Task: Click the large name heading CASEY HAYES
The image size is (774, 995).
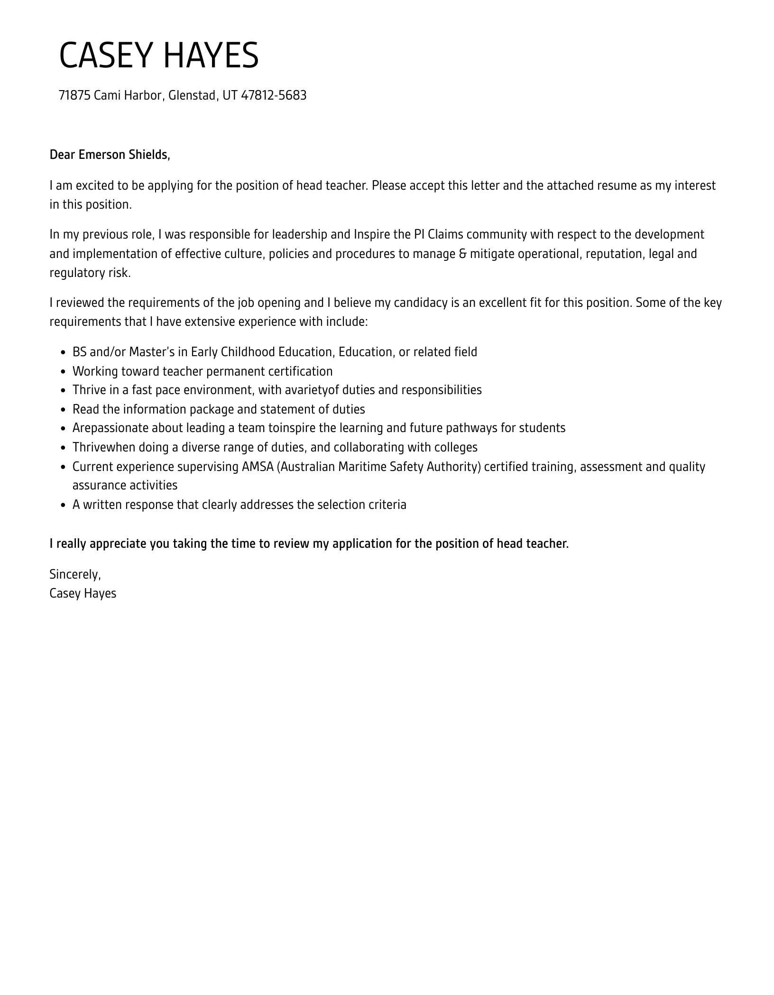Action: coord(158,55)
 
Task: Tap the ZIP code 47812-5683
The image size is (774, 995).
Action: coord(274,95)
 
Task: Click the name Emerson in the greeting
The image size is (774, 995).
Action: coord(96,155)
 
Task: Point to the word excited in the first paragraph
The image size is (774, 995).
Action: coord(94,185)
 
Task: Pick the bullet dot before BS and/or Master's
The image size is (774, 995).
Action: coord(63,352)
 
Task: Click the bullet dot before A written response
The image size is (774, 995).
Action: coord(63,505)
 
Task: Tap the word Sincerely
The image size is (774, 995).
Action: coord(74,574)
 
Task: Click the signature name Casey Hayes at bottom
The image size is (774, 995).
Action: coord(83,593)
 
